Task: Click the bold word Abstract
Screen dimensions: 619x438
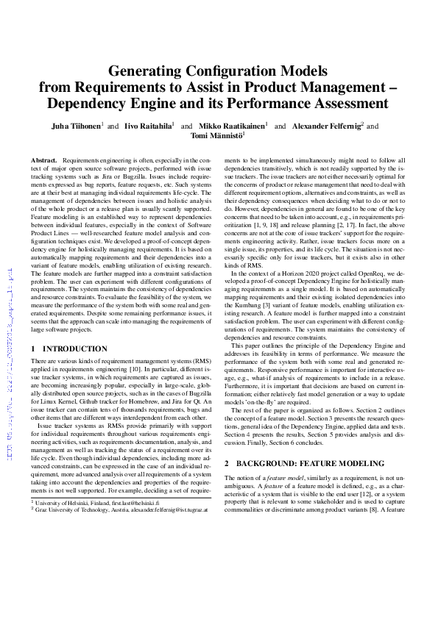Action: click(x=44, y=160)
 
